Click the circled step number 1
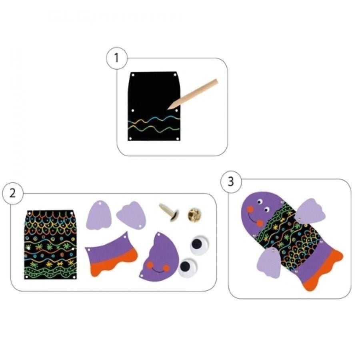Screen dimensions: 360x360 [116, 58]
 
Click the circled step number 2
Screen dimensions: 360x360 [13, 193]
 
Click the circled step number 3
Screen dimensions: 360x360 [231, 182]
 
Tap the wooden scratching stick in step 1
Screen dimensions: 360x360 [192, 94]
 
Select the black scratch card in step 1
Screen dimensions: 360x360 [154, 106]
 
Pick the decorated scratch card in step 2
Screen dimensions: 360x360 [50, 245]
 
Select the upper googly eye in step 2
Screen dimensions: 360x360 [199, 246]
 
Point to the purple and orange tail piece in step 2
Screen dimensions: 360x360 [111, 254]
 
